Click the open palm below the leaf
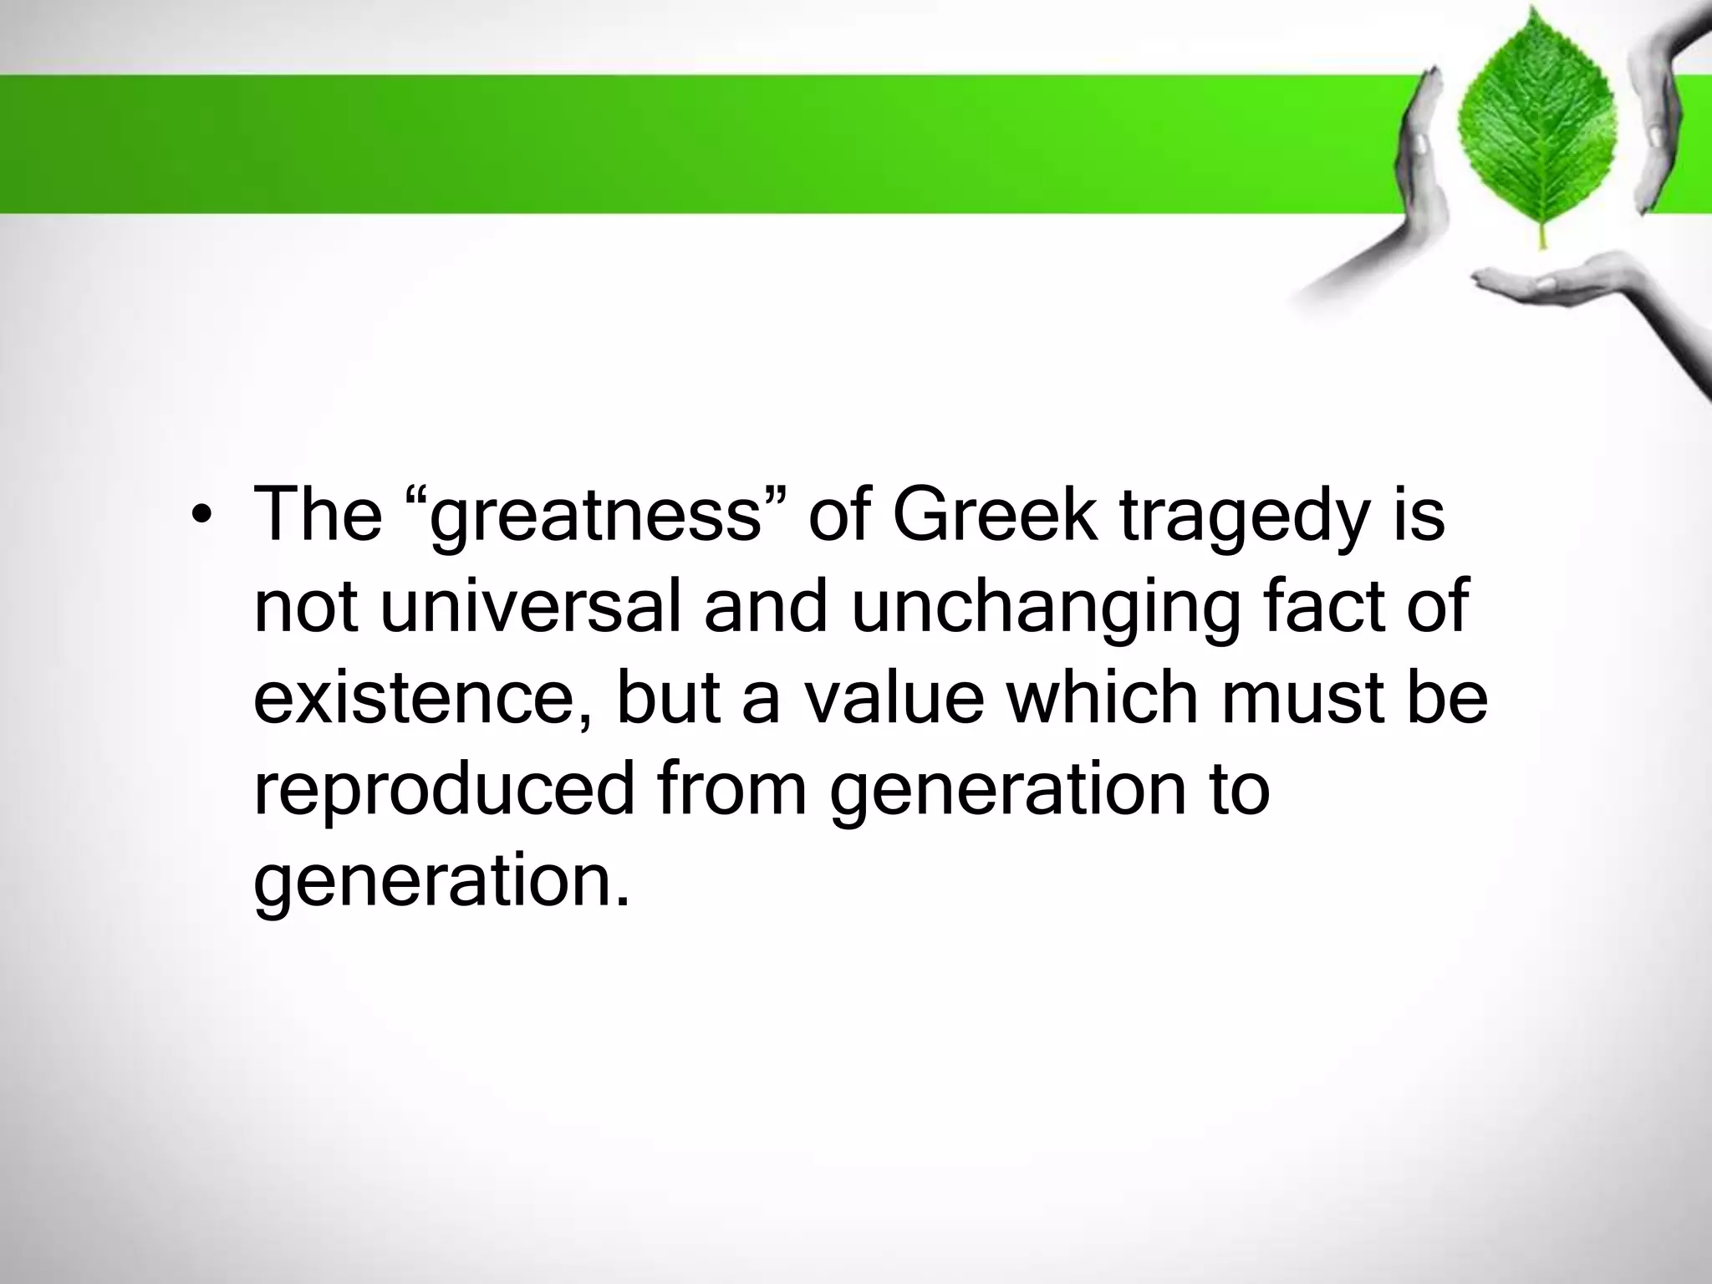(1530, 288)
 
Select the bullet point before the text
(197, 516)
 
